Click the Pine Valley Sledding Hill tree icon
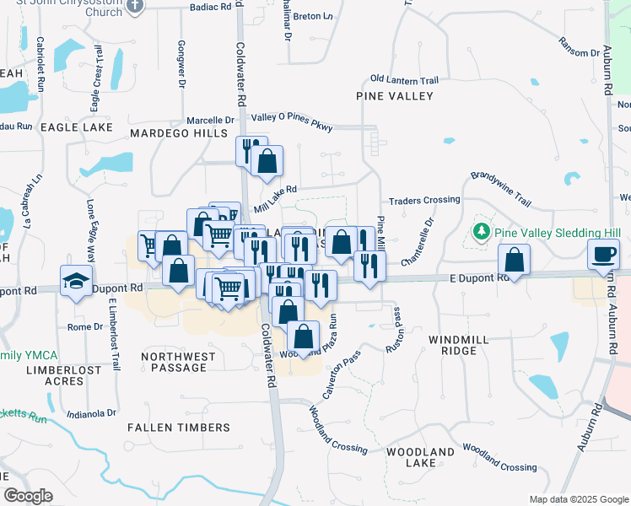[x=482, y=231]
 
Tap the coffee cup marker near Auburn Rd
[x=604, y=254]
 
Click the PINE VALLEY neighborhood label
[x=394, y=96]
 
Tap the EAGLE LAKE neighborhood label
[x=76, y=126]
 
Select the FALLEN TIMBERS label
[x=178, y=428]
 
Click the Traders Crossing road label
[x=423, y=201]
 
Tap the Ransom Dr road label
[x=579, y=47]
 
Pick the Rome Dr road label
[x=84, y=327]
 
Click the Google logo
[x=28, y=496]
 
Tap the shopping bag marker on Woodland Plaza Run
[x=303, y=336]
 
